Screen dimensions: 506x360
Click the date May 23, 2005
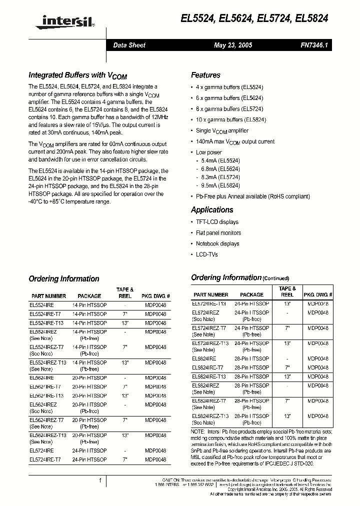pyautogui.click(x=233, y=45)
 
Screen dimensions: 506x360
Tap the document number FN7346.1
pyautogui.click(x=314, y=45)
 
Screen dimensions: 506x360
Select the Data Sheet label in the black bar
pyautogui.click(x=129, y=45)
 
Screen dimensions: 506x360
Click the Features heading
pyautogui.click(x=205, y=75)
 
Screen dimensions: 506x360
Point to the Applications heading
pyautogui.click(x=212, y=210)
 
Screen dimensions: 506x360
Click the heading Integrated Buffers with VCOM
pyautogui.click(x=77, y=75)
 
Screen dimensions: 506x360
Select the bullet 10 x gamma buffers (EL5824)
pyautogui.click(x=230, y=120)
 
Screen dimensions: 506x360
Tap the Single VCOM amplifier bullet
pyautogui.click(x=222, y=131)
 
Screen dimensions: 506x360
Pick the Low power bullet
pyautogui.click(x=208, y=152)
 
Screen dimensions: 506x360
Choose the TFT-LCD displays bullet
pyautogui.click(x=217, y=222)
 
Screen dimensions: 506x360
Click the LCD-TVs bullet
pyautogui.click(x=206, y=254)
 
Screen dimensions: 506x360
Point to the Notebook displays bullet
pyautogui.click(x=217, y=244)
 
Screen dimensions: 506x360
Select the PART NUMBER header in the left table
pyautogui.click(x=48, y=296)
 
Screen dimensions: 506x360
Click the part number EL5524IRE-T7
pyautogui.click(x=45, y=313)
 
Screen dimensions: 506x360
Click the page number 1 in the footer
pyautogui.click(x=100, y=480)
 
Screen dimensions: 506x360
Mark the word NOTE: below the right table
pyautogui.click(x=197, y=431)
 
